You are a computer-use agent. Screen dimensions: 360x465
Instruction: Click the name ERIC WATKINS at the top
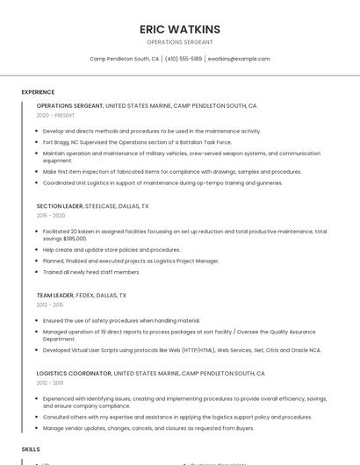tap(180, 29)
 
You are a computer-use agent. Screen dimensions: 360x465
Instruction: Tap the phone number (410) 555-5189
tap(184, 59)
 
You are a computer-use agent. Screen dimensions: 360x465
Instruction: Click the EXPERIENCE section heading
tap(38, 92)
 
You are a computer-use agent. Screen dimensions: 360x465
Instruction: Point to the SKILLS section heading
tap(31, 448)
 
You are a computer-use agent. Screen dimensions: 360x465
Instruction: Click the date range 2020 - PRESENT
tap(55, 115)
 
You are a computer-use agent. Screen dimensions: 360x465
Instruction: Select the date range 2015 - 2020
tap(51, 215)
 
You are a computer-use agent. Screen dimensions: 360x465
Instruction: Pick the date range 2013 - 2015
tap(50, 304)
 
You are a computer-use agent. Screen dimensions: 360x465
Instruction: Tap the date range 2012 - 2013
tap(50, 383)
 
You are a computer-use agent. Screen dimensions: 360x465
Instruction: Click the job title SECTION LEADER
tap(60, 206)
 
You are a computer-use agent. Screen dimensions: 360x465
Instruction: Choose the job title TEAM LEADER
tap(55, 296)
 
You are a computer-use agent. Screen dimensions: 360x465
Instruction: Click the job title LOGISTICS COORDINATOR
tap(74, 373)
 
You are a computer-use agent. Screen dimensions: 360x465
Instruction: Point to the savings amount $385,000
tap(75, 238)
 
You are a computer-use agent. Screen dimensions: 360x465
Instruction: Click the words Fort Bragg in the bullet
tap(57, 142)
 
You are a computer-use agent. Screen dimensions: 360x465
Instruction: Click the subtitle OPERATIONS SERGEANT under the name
tap(180, 41)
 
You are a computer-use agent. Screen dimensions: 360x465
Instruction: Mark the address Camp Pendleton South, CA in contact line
tap(124, 59)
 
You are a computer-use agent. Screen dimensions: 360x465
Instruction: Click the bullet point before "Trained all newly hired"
tap(38, 272)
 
